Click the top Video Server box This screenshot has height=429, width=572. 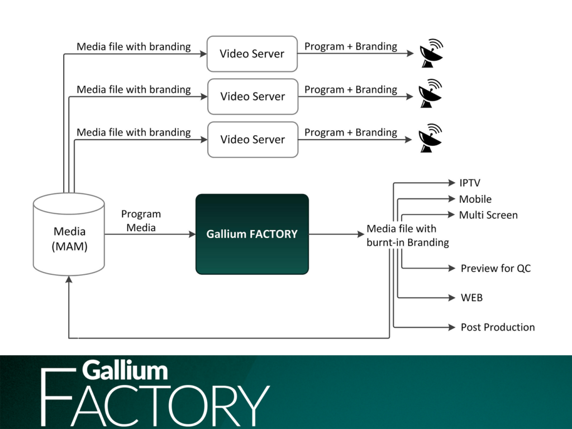point(251,54)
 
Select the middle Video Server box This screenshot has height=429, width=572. point(252,97)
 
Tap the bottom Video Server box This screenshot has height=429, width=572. point(252,140)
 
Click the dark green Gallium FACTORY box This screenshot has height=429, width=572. point(252,234)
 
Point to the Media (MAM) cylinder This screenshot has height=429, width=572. point(69,235)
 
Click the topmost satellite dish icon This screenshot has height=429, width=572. point(431,54)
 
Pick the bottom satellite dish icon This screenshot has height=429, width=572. point(431,139)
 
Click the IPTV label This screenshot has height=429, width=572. point(470,183)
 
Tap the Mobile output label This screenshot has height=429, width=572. point(475,199)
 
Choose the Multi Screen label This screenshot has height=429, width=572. point(488,215)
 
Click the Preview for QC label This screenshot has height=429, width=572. point(495,269)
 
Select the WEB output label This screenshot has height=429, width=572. point(471,298)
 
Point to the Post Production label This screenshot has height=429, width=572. point(497,327)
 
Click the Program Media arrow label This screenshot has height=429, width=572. point(141,221)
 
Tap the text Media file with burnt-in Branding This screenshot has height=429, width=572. point(408,236)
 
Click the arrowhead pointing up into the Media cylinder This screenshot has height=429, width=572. point(69,281)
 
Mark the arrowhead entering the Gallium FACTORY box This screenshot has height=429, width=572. point(192,235)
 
